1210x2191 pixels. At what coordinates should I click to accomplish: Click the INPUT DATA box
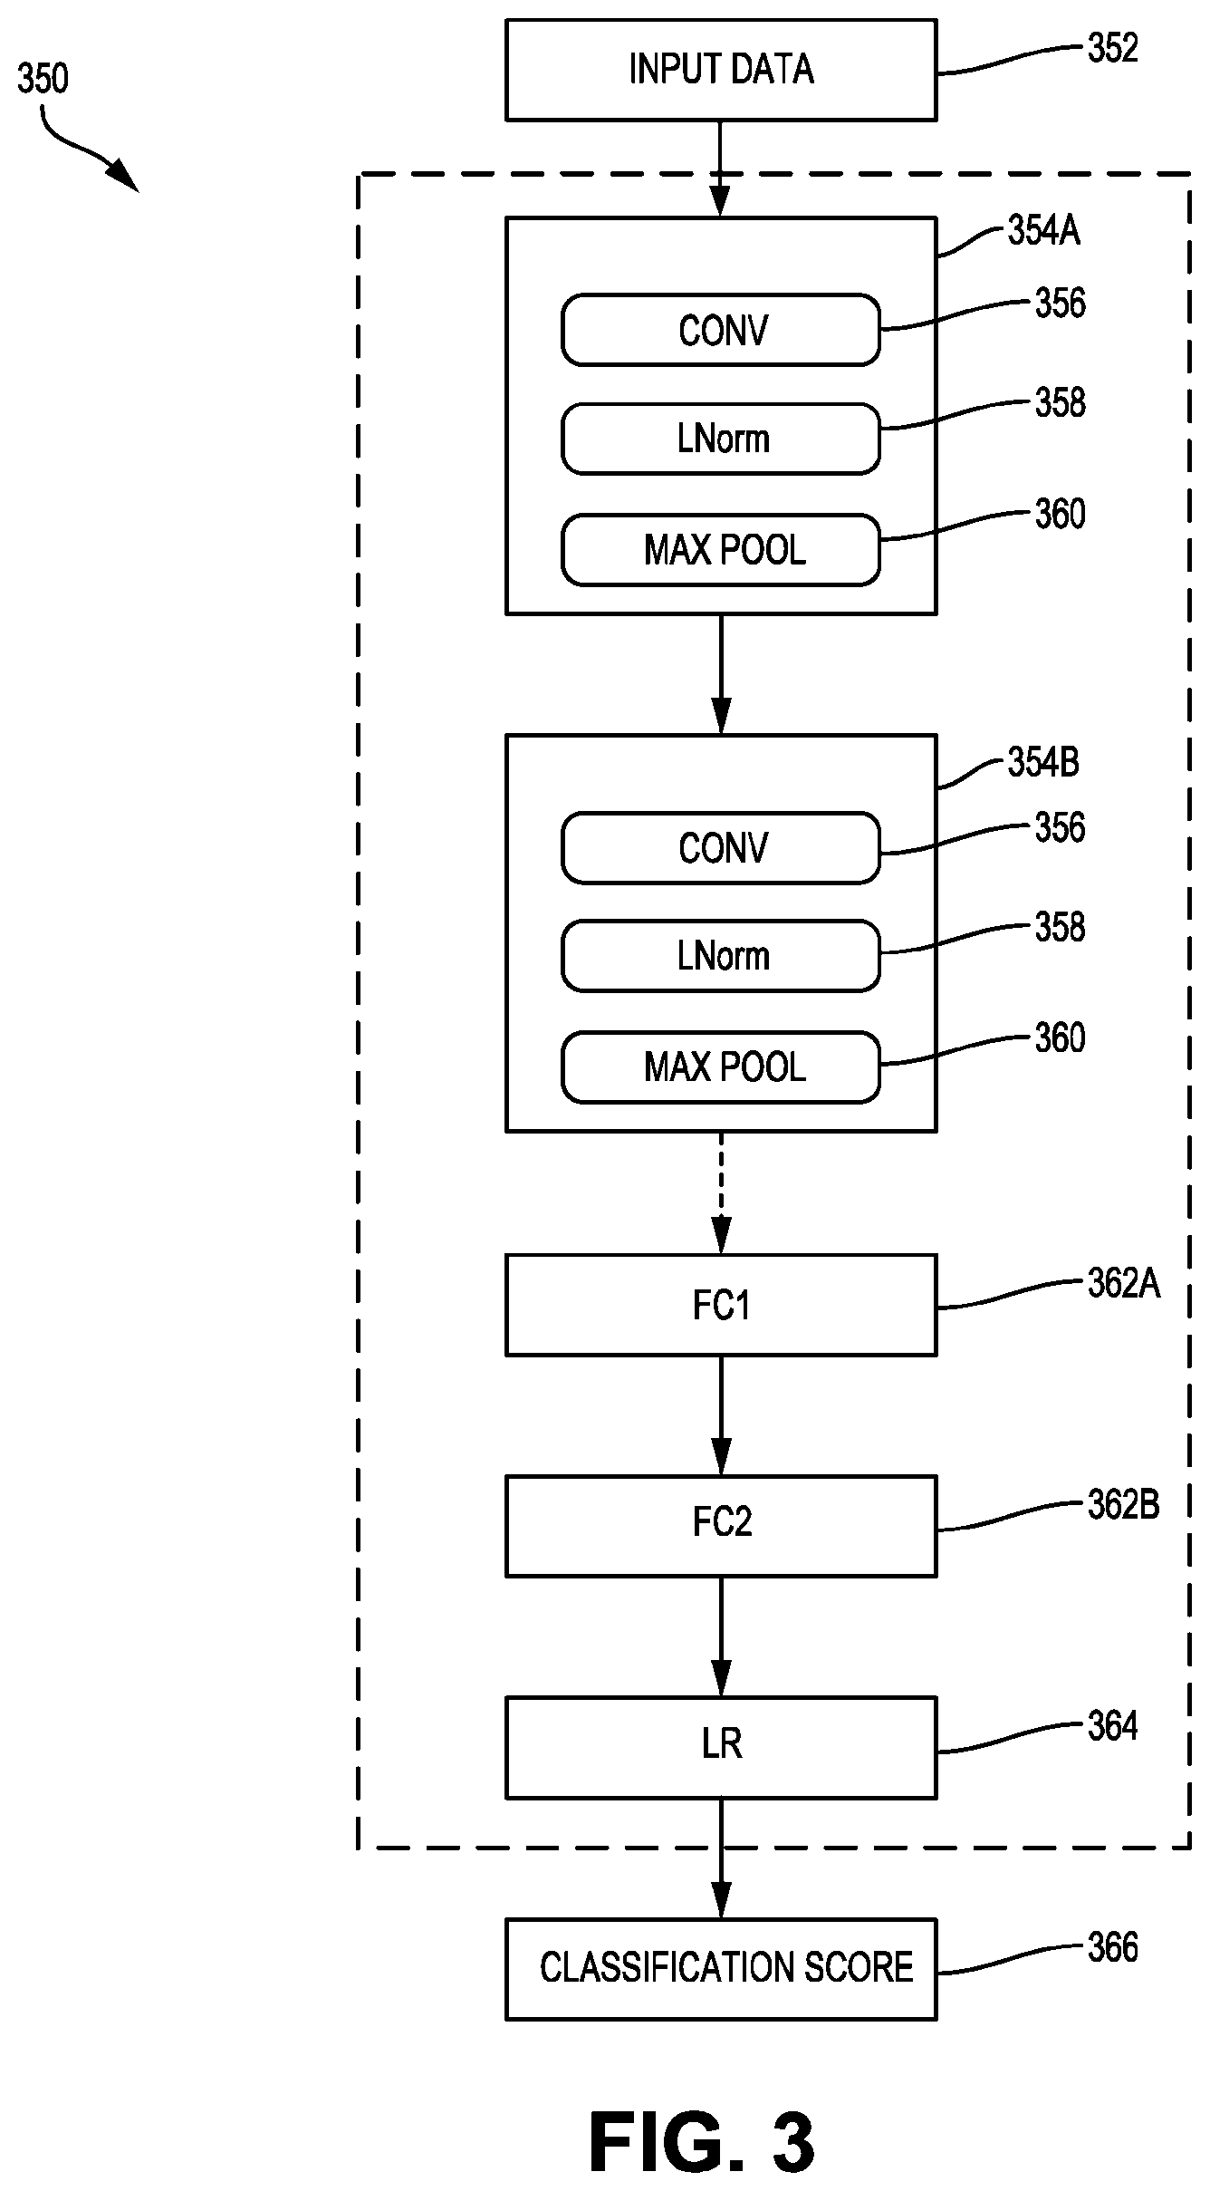click(721, 70)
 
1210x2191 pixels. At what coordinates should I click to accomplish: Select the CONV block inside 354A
click(721, 330)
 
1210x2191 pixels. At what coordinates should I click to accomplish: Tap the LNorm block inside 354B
click(721, 956)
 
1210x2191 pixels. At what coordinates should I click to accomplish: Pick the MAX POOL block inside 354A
click(721, 550)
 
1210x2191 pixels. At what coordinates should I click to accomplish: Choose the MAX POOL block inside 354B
click(721, 1067)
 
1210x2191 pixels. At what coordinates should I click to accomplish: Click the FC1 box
click(721, 1305)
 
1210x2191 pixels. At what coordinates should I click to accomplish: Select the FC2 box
click(721, 1526)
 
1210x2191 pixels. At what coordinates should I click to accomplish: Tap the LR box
click(721, 1747)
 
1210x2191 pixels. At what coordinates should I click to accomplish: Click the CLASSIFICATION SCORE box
click(721, 1968)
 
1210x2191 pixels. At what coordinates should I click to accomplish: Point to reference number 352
click(1112, 48)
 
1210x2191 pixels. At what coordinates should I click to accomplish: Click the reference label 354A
click(1043, 231)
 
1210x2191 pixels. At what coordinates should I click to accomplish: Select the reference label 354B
click(1043, 763)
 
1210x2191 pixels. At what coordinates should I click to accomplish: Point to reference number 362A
click(1123, 1283)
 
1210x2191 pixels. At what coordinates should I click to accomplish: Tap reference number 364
click(1112, 1725)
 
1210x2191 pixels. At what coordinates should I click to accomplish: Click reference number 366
click(1112, 1946)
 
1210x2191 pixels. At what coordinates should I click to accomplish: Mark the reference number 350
click(43, 79)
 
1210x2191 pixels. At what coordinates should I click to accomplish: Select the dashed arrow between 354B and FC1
click(721, 1192)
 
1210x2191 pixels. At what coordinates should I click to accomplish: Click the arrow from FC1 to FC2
click(721, 1416)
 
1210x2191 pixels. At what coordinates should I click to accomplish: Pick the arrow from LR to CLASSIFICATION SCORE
click(721, 1858)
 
